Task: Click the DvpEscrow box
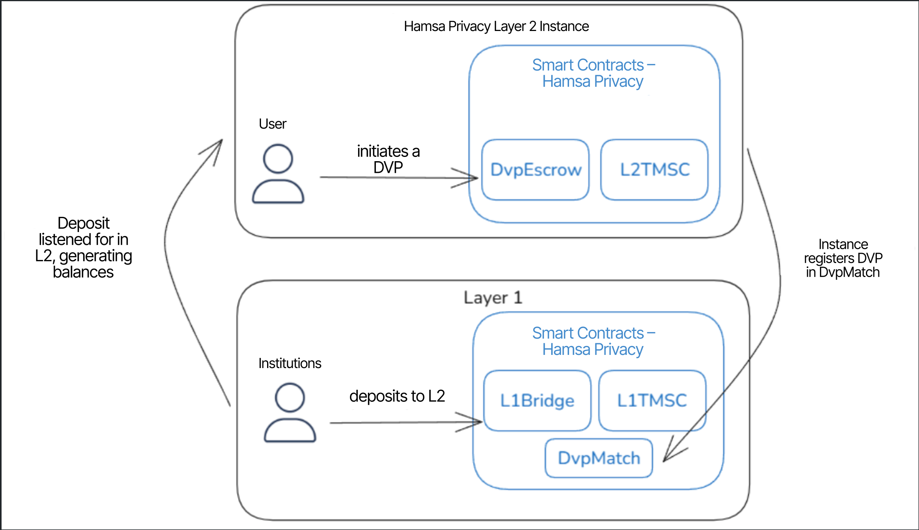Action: (x=535, y=170)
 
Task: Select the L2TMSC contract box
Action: (x=654, y=170)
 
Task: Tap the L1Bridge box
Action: (x=537, y=401)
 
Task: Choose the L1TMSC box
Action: (x=652, y=401)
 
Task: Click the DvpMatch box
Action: (x=599, y=458)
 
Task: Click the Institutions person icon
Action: (x=290, y=412)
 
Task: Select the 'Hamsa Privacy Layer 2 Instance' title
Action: (x=496, y=26)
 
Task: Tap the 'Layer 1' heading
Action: (x=493, y=298)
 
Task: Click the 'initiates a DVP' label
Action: (x=388, y=159)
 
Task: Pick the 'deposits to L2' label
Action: (x=397, y=396)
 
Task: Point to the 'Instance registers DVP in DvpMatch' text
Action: (x=843, y=258)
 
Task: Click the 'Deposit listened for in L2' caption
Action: (x=84, y=248)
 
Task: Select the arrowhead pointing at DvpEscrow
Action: (x=475, y=178)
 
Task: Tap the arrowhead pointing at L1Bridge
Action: (x=479, y=422)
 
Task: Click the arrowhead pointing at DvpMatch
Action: (x=666, y=458)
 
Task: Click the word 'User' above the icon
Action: (x=273, y=124)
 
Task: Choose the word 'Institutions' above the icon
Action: (x=290, y=363)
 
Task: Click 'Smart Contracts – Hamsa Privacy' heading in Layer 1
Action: (x=593, y=341)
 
